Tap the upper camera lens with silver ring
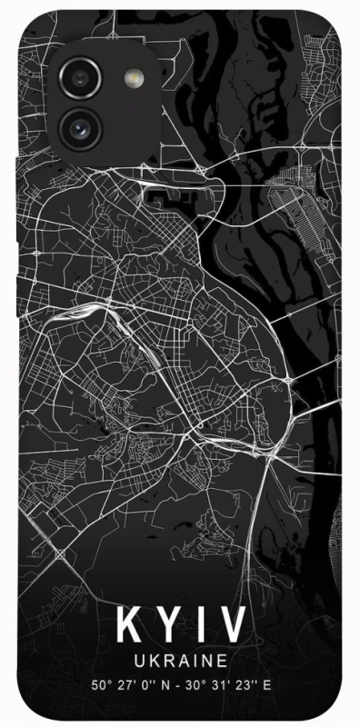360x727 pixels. click(79, 76)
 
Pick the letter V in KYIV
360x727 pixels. click(232, 625)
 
